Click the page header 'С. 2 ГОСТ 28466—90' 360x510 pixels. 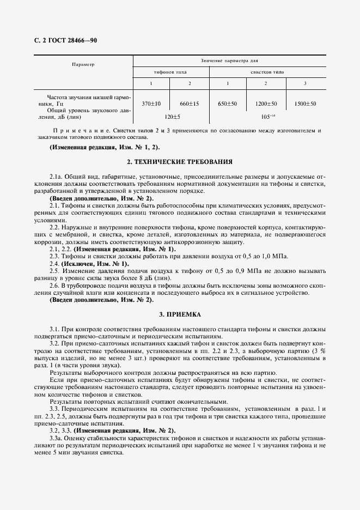click(65, 41)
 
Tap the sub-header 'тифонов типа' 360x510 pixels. click(171, 72)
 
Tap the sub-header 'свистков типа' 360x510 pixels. click(267, 72)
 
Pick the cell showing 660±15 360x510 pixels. click(190, 103)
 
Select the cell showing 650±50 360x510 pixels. click(228, 103)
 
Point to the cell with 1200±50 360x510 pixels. click(266, 103)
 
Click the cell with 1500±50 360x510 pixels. click(306, 103)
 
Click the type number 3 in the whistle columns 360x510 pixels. click(306, 83)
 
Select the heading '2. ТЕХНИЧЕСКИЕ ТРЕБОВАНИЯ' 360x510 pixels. click(180, 162)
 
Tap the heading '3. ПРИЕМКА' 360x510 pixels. click(180, 314)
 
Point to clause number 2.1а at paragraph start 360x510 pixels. click(56, 177)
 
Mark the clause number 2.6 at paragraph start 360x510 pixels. click(54, 286)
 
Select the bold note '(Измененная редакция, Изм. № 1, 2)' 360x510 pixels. click(105, 148)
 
